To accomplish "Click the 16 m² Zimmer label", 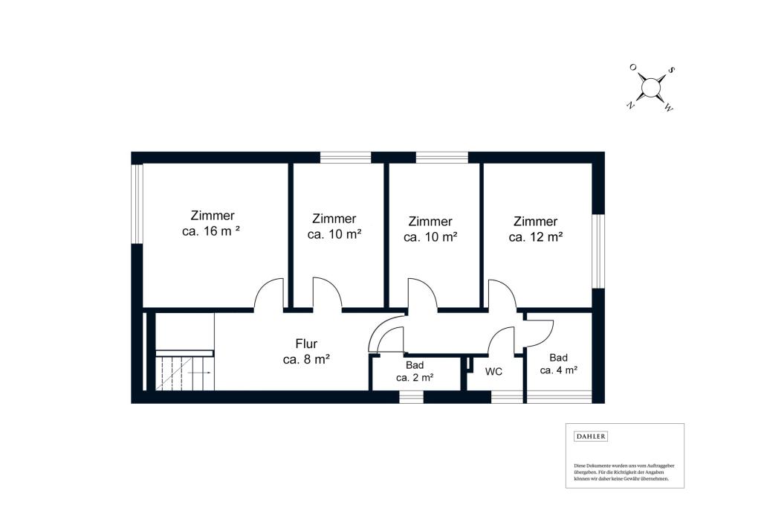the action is pyautogui.click(x=212, y=223).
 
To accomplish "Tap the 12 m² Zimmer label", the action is pyautogui.click(x=535, y=229).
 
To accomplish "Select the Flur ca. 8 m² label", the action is pyautogui.click(x=306, y=352).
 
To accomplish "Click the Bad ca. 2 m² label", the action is pyautogui.click(x=415, y=371).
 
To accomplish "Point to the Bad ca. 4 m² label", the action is pyautogui.click(x=558, y=364).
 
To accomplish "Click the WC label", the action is pyautogui.click(x=493, y=372).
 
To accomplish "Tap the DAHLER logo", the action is pyautogui.click(x=591, y=437).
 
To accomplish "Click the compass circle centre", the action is pyautogui.click(x=650, y=88).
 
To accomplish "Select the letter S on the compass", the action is pyautogui.click(x=671, y=70).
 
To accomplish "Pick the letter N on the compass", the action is pyautogui.click(x=630, y=105).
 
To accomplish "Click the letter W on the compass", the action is pyautogui.click(x=668, y=109).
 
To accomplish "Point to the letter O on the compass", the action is pyautogui.click(x=633, y=67).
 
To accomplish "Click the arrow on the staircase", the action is pyautogui.click(x=199, y=373).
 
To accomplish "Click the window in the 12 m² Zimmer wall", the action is pyautogui.click(x=598, y=251).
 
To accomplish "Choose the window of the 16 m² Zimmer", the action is pyautogui.click(x=137, y=204).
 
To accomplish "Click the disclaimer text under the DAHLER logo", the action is pyautogui.click(x=624, y=472).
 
